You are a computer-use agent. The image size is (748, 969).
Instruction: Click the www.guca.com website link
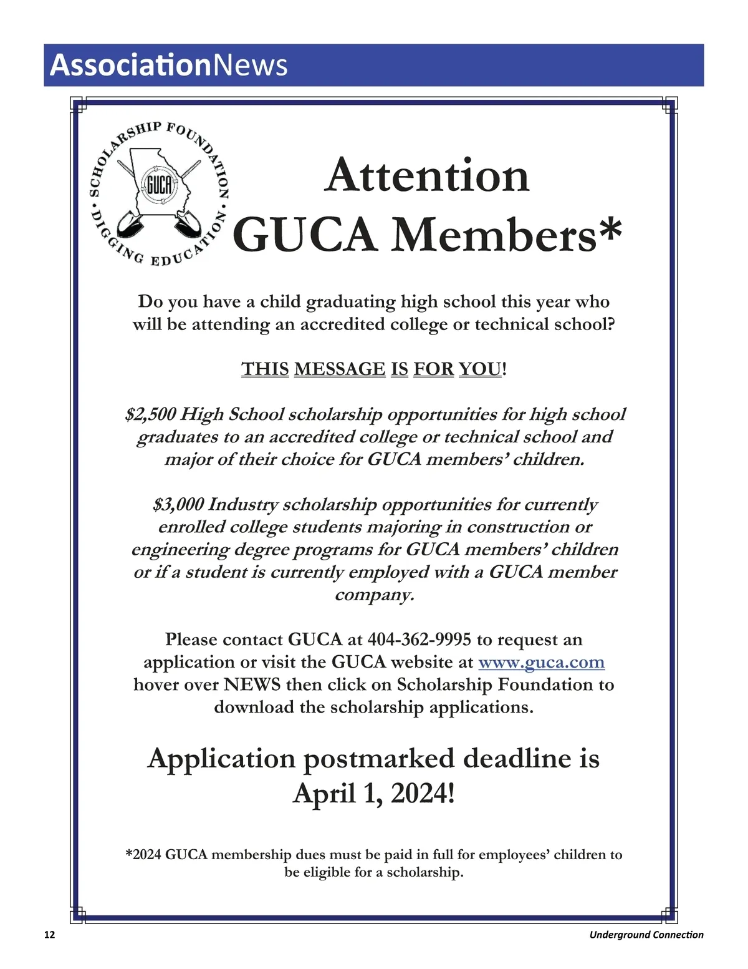click(541, 662)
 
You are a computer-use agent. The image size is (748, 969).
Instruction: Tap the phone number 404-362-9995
click(419, 640)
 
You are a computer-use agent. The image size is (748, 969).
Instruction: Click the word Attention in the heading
click(427, 175)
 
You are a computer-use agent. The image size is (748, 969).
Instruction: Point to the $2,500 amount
click(150, 414)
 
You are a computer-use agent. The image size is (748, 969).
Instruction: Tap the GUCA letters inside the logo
click(158, 185)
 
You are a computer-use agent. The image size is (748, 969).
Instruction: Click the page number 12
click(49, 935)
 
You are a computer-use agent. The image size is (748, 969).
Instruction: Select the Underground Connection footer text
click(646, 935)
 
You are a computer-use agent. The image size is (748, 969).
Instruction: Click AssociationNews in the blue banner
click(168, 65)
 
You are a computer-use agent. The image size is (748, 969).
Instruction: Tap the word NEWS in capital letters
click(252, 684)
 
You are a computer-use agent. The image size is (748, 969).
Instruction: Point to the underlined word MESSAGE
click(340, 369)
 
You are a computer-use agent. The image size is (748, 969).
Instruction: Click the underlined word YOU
click(480, 369)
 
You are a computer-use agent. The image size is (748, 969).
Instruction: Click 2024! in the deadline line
click(423, 794)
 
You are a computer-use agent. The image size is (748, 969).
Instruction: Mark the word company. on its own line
click(374, 595)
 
